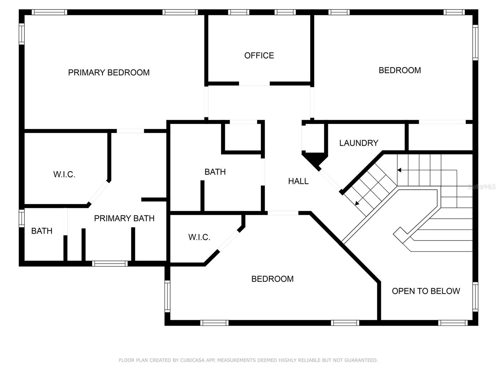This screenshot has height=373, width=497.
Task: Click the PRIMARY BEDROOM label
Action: (x=109, y=72)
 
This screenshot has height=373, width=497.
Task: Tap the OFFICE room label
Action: (x=259, y=56)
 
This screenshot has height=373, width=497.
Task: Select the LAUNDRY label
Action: (x=358, y=143)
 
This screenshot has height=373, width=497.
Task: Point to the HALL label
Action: (x=298, y=181)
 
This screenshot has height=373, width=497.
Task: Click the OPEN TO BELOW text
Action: (x=426, y=291)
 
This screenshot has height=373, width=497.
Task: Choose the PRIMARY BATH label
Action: (x=124, y=219)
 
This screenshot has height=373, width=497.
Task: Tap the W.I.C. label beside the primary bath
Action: (x=64, y=174)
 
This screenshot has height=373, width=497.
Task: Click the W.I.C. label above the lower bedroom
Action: (x=199, y=237)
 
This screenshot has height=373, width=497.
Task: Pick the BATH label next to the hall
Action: (x=215, y=172)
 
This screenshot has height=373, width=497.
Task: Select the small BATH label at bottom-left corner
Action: (x=42, y=231)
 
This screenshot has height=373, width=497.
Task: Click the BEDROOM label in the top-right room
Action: (x=400, y=70)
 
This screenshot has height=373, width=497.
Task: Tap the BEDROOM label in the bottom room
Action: (x=272, y=279)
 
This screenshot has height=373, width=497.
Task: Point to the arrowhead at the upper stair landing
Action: (x=399, y=170)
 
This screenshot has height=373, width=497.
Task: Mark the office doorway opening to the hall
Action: (x=254, y=84)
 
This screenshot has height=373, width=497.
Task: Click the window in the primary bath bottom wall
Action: (x=110, y=264)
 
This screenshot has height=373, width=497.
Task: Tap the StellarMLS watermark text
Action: (x=481, y=186)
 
